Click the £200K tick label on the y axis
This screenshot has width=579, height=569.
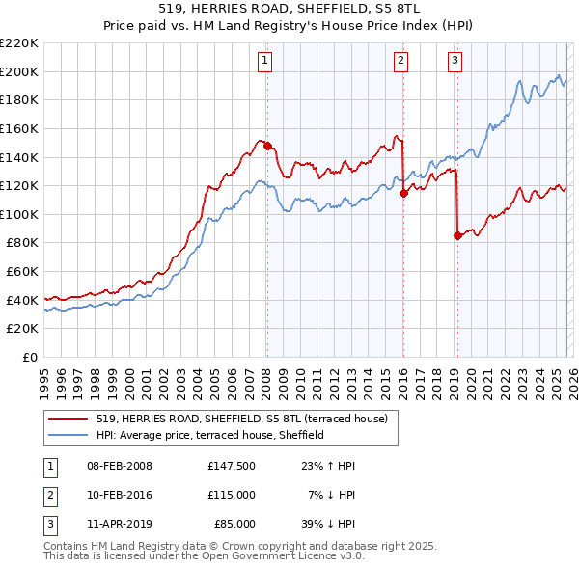(x=19, y=71)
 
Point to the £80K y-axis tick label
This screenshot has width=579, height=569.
(x=22, y=243)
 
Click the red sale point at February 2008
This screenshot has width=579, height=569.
(x=267, y=147)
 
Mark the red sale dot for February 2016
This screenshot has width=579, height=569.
(x=403, y=193)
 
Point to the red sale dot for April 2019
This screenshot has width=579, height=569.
(x=457, y=235)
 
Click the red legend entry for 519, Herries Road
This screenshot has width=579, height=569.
(x=241, y=419)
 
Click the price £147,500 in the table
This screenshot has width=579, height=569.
(x=231, y=466)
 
